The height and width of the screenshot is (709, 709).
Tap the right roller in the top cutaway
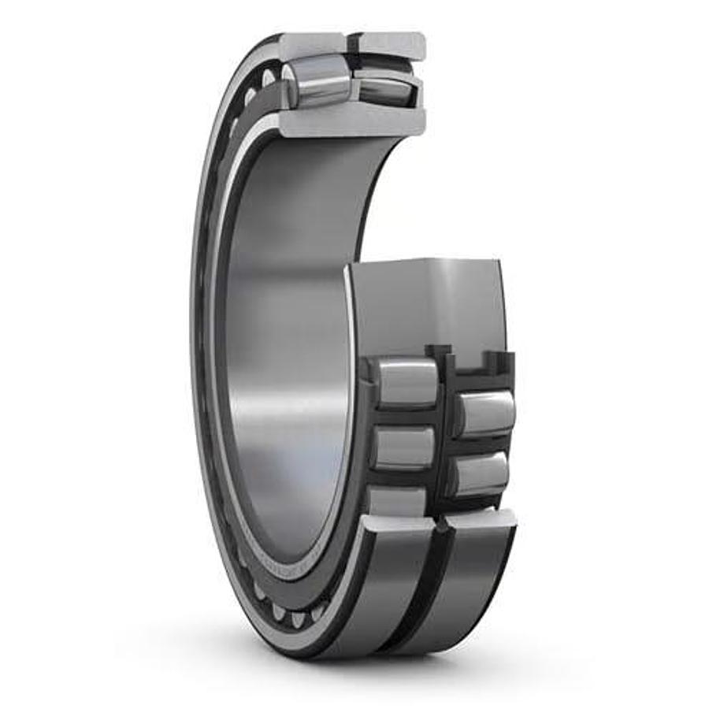click(x=384, y=87)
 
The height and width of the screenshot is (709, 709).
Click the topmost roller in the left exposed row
click(x=406, y=383)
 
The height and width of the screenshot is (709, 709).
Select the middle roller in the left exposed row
click(x=403, y=447)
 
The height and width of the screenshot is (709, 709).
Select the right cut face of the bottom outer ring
click(x=481, y=518)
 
